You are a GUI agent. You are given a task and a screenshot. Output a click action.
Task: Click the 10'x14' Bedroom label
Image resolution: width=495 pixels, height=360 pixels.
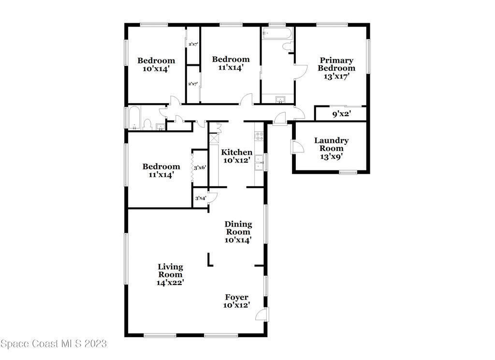156,64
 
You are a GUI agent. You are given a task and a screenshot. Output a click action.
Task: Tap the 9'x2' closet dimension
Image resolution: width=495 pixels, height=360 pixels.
342,114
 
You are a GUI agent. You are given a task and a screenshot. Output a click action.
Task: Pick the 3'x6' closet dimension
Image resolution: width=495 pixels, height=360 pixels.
200,167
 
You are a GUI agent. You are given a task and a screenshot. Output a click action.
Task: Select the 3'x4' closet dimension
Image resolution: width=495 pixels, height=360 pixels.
201,198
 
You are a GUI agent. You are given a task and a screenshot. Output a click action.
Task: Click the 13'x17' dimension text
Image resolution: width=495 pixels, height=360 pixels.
336,76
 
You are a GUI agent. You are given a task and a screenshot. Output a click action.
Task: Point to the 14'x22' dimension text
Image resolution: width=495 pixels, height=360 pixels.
170,283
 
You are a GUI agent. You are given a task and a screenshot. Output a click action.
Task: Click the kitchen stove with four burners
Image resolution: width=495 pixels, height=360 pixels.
259,136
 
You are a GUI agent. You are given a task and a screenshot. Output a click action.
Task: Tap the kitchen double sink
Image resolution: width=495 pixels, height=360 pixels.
259,163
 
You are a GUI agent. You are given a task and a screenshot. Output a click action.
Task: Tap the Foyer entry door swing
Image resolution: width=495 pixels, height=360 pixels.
262,315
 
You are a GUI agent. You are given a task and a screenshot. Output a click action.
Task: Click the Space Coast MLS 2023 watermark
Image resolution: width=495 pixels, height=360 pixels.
54,344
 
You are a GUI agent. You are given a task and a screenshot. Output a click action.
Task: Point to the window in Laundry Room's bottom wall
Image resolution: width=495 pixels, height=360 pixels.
348,172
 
